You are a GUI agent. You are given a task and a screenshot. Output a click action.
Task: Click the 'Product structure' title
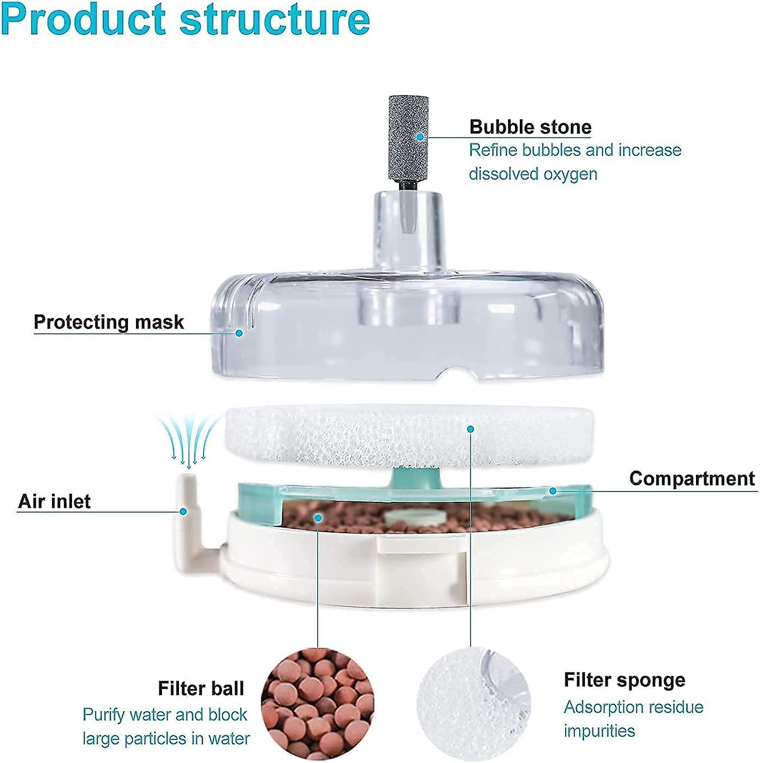click(x=185, y=20)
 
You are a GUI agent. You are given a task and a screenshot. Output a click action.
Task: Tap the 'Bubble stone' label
click(x=530, y=127)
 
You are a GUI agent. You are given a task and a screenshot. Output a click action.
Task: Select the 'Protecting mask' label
click(x=109, y=322)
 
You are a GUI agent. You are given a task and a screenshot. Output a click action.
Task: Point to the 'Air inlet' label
click(x=54, y=501)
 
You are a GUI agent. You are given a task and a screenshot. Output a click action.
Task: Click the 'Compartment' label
click(x=692, y=479)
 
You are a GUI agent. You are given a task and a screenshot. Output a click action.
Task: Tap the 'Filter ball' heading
click(x=201, y=688)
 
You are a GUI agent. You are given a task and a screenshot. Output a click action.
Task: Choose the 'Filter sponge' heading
click(x=624, y=680)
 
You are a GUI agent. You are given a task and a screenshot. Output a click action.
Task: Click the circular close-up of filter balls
click(x=318, y=703)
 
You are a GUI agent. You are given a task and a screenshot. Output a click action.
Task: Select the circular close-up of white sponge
click(x=474, y=703)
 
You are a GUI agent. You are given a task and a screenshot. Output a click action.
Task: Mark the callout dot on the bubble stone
click(x=420, y=137)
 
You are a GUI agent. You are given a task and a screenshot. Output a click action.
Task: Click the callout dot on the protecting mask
click(x=239, y=333)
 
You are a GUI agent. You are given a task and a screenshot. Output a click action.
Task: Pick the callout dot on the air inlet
click(x=184, y=511)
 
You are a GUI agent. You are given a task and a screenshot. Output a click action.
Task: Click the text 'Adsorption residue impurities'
click(x=633, y=719)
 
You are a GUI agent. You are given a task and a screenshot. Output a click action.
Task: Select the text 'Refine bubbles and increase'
click(x=575, y=150)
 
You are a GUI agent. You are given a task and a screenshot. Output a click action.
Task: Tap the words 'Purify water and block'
click(x=165, y=714)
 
